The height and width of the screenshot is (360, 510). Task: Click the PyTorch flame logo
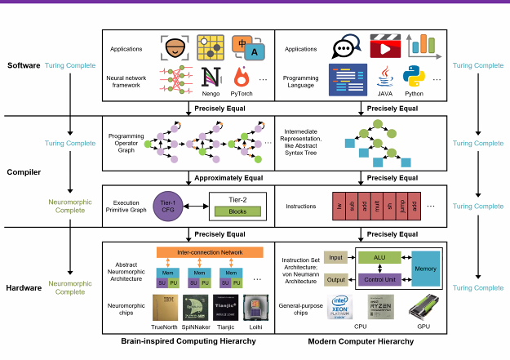(242, 78)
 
